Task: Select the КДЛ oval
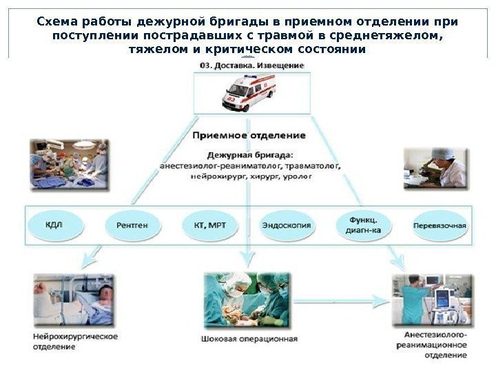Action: (54, 225)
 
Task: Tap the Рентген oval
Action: (132, 225)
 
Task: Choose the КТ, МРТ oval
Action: (209, 225)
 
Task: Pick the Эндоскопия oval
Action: (287, 225)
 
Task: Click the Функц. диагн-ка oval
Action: (363, 225)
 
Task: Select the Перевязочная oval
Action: (440, 225)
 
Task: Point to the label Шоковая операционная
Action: (249, 338)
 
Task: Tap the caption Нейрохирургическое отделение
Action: (74, 342)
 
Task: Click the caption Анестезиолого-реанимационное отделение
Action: (431, 344)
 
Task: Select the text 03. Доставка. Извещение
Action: (251, 65)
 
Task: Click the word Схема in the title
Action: (56, 21)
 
